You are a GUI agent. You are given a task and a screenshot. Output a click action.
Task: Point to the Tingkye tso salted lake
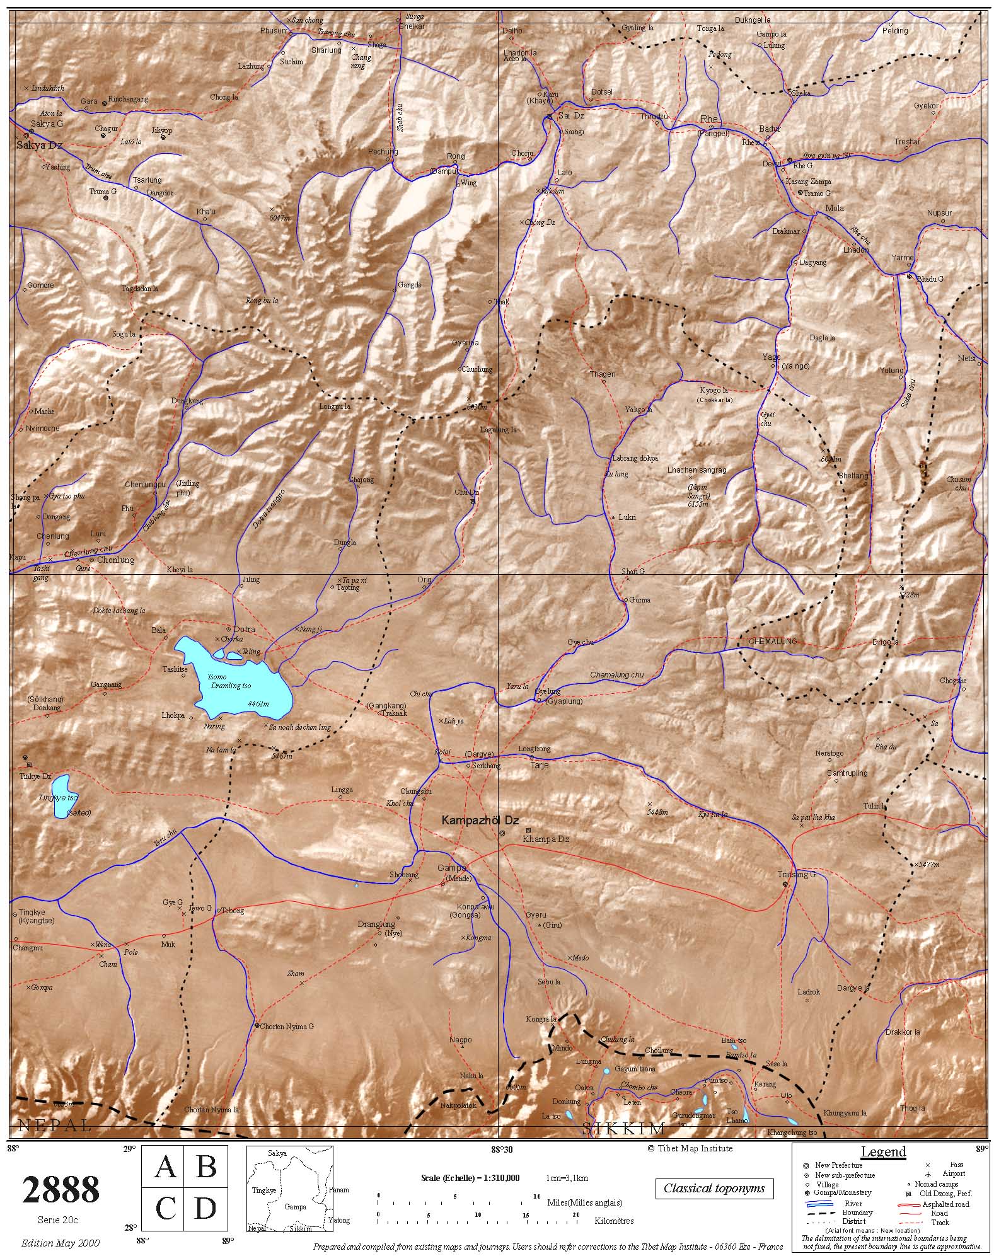point(61,797)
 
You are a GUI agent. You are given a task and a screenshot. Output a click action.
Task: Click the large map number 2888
point(61,1190)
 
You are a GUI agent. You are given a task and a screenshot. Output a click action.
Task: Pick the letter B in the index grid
point(205,1167)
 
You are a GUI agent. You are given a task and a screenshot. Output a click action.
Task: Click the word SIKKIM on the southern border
point(623,1128)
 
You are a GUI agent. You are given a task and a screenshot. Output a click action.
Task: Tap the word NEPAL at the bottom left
point(55,1124)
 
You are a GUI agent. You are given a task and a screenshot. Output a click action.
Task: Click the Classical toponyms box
point(714,1189)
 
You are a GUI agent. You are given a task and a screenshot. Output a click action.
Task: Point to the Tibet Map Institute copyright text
point(690,1148)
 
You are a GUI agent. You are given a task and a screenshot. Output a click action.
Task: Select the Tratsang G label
point(797,875)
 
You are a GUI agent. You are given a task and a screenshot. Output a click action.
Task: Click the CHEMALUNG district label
point(772,641)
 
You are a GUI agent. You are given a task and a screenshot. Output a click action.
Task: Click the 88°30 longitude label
point(502,1149)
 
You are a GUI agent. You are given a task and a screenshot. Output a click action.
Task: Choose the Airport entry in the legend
point(954,1173)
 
